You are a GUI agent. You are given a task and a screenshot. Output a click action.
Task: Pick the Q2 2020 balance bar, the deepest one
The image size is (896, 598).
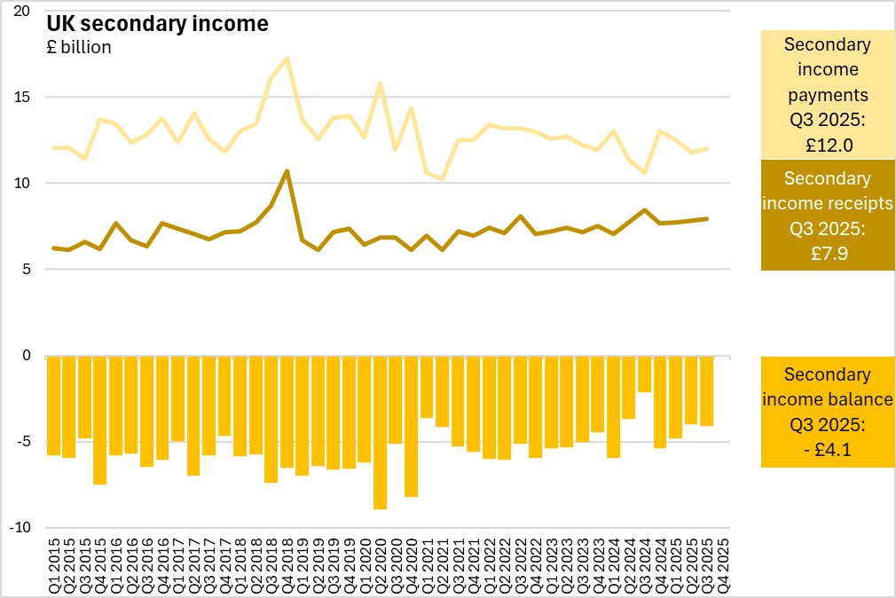pos(380,432)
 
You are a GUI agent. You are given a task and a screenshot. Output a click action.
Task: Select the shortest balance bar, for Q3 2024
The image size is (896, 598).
pos(644,374)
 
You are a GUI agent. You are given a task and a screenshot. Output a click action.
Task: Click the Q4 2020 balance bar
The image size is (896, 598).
pos(411,426)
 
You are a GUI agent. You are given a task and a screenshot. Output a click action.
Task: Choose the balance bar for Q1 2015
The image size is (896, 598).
pos(53,405)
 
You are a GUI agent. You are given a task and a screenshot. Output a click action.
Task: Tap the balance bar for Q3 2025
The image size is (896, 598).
pos(706,390)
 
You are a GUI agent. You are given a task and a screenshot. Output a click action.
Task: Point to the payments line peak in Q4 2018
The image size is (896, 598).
pos(287,59)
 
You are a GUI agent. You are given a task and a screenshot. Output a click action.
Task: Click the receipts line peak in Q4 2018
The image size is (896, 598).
pos(287,171)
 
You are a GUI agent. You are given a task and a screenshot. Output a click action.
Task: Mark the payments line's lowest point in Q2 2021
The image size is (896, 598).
pos(442,179)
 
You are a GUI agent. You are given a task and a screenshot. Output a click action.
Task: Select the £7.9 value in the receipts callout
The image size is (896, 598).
pos(827,251)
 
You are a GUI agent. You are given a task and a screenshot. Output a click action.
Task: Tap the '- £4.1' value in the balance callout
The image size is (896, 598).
pos(827,449)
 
